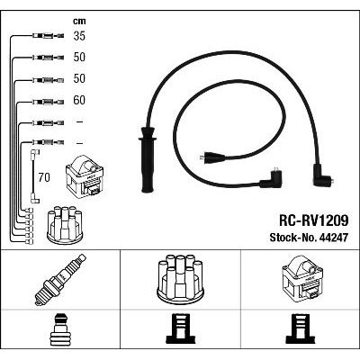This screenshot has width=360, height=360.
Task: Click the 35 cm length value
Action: (79, 36)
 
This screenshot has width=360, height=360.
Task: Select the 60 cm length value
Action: (79, 100)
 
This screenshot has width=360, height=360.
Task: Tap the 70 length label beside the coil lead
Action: (44, 177)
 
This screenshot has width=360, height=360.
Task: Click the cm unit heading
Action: (79, 21)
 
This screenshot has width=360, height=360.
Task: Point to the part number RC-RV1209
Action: (314, 220)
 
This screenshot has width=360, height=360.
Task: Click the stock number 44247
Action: (334, 238)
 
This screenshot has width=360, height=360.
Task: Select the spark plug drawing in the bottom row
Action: (60, 280)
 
